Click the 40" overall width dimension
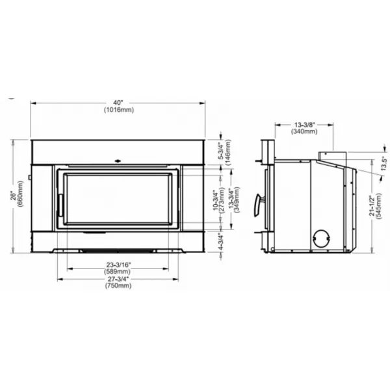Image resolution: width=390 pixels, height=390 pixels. point(118,103)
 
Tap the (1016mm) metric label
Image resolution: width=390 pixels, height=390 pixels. point(119,110)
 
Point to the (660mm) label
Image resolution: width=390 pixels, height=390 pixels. point(20,194)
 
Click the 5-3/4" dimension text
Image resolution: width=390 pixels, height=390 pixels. point(221,151)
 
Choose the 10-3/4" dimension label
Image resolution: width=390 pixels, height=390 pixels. point(215,200)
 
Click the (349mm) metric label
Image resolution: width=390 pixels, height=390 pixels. point(237,200)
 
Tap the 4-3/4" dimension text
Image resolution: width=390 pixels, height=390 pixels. point(221,242)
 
